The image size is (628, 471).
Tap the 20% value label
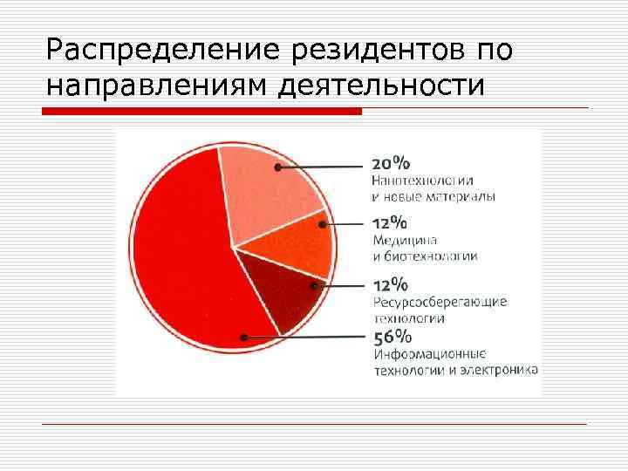tap(391, 164)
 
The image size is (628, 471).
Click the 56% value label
tap(392, 338)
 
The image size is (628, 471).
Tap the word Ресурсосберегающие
tap(439, 302)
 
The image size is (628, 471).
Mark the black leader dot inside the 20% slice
tap(277, 166)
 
